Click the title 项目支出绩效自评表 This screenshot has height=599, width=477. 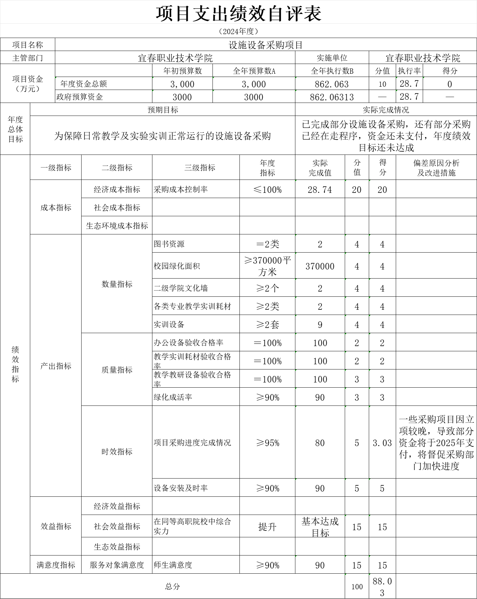238,14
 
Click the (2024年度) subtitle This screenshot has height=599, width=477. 238,31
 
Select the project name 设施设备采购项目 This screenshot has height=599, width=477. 266,45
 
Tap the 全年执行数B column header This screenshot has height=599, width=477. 332,71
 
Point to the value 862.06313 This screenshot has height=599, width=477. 332,97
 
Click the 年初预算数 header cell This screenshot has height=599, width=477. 182,71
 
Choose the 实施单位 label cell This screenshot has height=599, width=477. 332,58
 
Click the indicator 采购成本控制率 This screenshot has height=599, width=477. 181,189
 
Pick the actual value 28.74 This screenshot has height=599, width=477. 320,190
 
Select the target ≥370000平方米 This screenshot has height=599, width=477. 267,266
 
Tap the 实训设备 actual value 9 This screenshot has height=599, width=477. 320,325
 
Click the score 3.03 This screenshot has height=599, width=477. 382,443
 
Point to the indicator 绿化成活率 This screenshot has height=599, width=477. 173,397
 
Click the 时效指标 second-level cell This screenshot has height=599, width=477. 117,452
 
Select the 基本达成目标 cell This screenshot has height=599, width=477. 320,527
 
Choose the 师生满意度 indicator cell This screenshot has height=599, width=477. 173,565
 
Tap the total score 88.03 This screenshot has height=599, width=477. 382,587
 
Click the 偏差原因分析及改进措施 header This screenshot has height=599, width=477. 436,168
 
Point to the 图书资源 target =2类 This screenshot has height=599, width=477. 267,244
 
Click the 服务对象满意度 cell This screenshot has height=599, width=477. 117,565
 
